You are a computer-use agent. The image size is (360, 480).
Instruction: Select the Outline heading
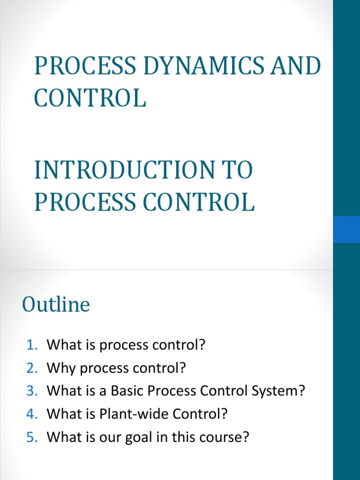pyautogui.click(x=56, y=305)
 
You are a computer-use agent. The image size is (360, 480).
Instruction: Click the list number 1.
pyautogui.click(x=31, y=345)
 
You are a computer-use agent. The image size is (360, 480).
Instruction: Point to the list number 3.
pyautogui.click(x=31, y=391)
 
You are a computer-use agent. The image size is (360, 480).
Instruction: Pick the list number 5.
pyautogui.click(x=31, y=437)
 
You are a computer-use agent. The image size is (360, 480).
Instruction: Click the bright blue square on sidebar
pyautogui.click(x=346, y=229)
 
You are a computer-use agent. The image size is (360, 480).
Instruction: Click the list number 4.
pyautogui.click(x=31, y=414)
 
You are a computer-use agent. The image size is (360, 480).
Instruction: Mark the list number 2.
pyautogui.click(x=31, y=368)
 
